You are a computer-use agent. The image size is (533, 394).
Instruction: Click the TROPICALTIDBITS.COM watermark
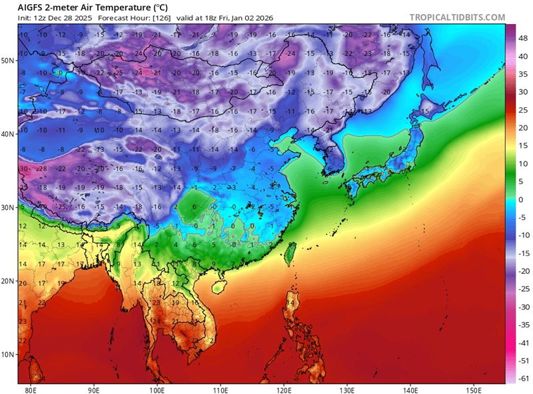tap(457, 17)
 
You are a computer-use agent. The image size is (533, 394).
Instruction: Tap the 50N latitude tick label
tap(9, 60)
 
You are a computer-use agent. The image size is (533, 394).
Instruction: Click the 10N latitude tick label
tap(9, 354)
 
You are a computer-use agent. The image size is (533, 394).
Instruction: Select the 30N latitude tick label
tap(9, 207)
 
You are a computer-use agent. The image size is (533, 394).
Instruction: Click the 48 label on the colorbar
tap(525, 39)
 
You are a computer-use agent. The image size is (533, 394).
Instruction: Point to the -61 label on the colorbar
tap(525, 378)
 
